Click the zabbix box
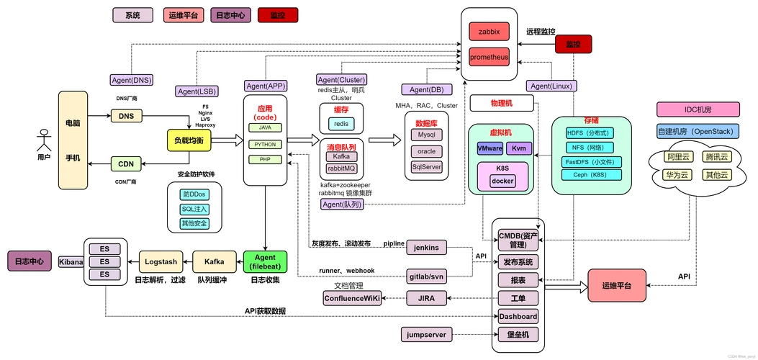coord(489,32)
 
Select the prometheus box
coord(489,57)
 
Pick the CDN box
coord(127,164)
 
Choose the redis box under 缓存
coord(341,124)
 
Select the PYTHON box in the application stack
coord(265,144)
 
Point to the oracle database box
coord(427,151)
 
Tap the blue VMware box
coord(489,148)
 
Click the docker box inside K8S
coord(502,181)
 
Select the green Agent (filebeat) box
coord(266,261)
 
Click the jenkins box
coord(427,247)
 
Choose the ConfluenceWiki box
coord(352,298)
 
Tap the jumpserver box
coord(426,334)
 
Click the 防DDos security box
coord(194,194)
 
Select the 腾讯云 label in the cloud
coord(716,157)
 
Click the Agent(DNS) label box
coord(131,80)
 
